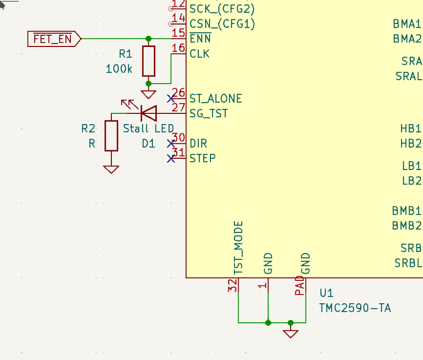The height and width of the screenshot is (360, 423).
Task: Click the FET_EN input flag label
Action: [x=53, y=39]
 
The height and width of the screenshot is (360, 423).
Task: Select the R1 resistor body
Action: [x=149, y=61]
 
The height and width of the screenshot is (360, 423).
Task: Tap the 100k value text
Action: [x=119, y=68]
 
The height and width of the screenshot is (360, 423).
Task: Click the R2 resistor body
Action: [x=111, y=136]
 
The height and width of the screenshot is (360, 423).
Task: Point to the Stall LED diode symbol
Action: [x=148, y=113]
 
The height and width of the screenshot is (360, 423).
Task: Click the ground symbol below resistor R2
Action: [x=111, y=169]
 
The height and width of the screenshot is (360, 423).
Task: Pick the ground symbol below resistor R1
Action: [x=149, y=94]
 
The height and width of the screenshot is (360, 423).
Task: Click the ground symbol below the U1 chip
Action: [x=291, y=333]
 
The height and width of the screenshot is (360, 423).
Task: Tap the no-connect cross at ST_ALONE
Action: [x=171, y=98]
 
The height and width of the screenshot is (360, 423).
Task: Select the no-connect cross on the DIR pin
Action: [x=171, y=143]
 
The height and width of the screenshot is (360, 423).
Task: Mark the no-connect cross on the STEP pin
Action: [x=171, y=158]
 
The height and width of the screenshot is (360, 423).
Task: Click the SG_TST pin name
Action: [x=208, y=113]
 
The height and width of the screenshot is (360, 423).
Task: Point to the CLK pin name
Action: [x=199, y=54]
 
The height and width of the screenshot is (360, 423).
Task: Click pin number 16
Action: [x=178, y=49]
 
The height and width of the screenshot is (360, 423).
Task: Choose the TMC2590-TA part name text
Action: [x=355, y=308]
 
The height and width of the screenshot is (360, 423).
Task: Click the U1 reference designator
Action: [x=326, y=293]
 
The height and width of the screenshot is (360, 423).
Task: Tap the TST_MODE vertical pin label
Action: [x=238, y=248]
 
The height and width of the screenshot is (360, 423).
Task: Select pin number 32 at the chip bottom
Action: [x=233, y=286]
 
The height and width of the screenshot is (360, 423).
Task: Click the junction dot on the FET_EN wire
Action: [x=149, y=39]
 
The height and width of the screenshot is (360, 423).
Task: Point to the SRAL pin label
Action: [x=408, y=76]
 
